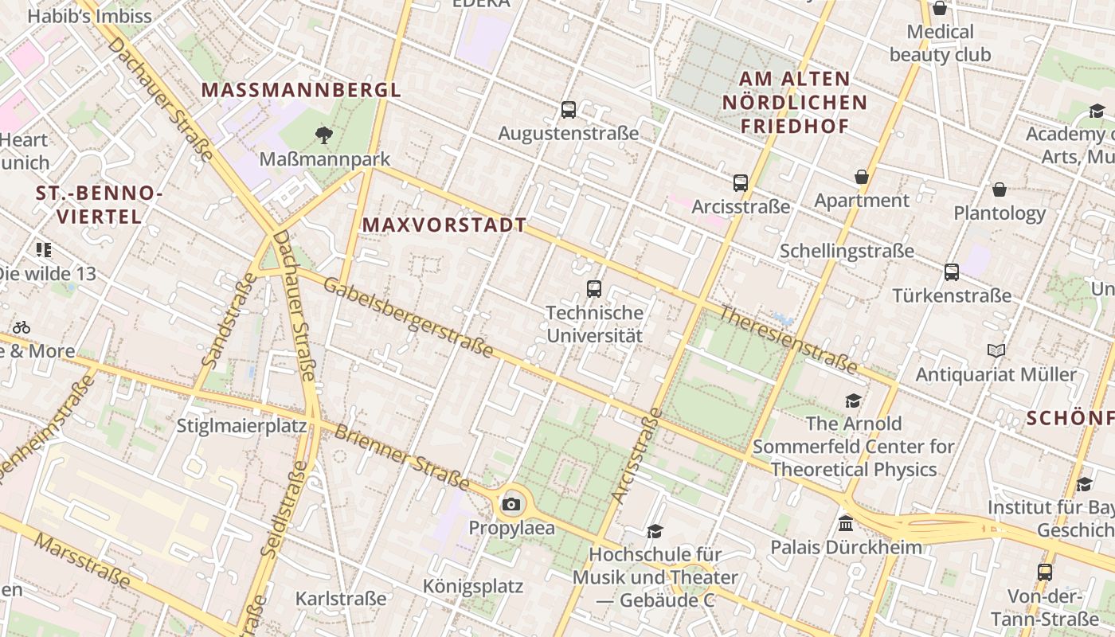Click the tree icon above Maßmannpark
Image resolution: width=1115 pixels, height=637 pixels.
(x=323, y=135)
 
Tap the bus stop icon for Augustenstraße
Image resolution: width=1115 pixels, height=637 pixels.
(x=569, y=110)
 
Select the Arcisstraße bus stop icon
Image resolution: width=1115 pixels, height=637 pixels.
(x=741, y=183)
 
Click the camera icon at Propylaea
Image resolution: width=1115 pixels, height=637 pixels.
(x=511, y=504)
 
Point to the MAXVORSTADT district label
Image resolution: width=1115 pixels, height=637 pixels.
(x=444, y=225)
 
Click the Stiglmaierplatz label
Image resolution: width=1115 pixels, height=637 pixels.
(x=241, y=425)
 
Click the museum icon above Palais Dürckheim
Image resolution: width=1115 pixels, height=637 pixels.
(x=846, y=524)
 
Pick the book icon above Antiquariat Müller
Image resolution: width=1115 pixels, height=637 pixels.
(x=996, y=350)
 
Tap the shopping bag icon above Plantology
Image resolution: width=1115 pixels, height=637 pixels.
(x=1000, y=190)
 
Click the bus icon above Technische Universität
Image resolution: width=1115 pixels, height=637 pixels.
(x=594, y=289)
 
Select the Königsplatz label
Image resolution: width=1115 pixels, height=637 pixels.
(x=473, y=587)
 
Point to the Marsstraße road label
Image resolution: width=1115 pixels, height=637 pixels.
(x=83, y=561)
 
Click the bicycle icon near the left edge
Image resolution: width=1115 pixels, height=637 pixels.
(x=22, y=327)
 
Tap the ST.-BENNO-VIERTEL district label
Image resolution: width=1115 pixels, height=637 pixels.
(x=99, y=205)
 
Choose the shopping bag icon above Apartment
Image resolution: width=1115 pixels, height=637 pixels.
(x=861, y=176)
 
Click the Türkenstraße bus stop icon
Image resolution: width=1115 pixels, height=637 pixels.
(x=951, y=272)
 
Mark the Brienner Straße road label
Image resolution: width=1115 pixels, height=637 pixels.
(x=401, y=456)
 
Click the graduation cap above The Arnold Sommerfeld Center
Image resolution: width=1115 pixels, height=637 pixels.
(x=854, y=401)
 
